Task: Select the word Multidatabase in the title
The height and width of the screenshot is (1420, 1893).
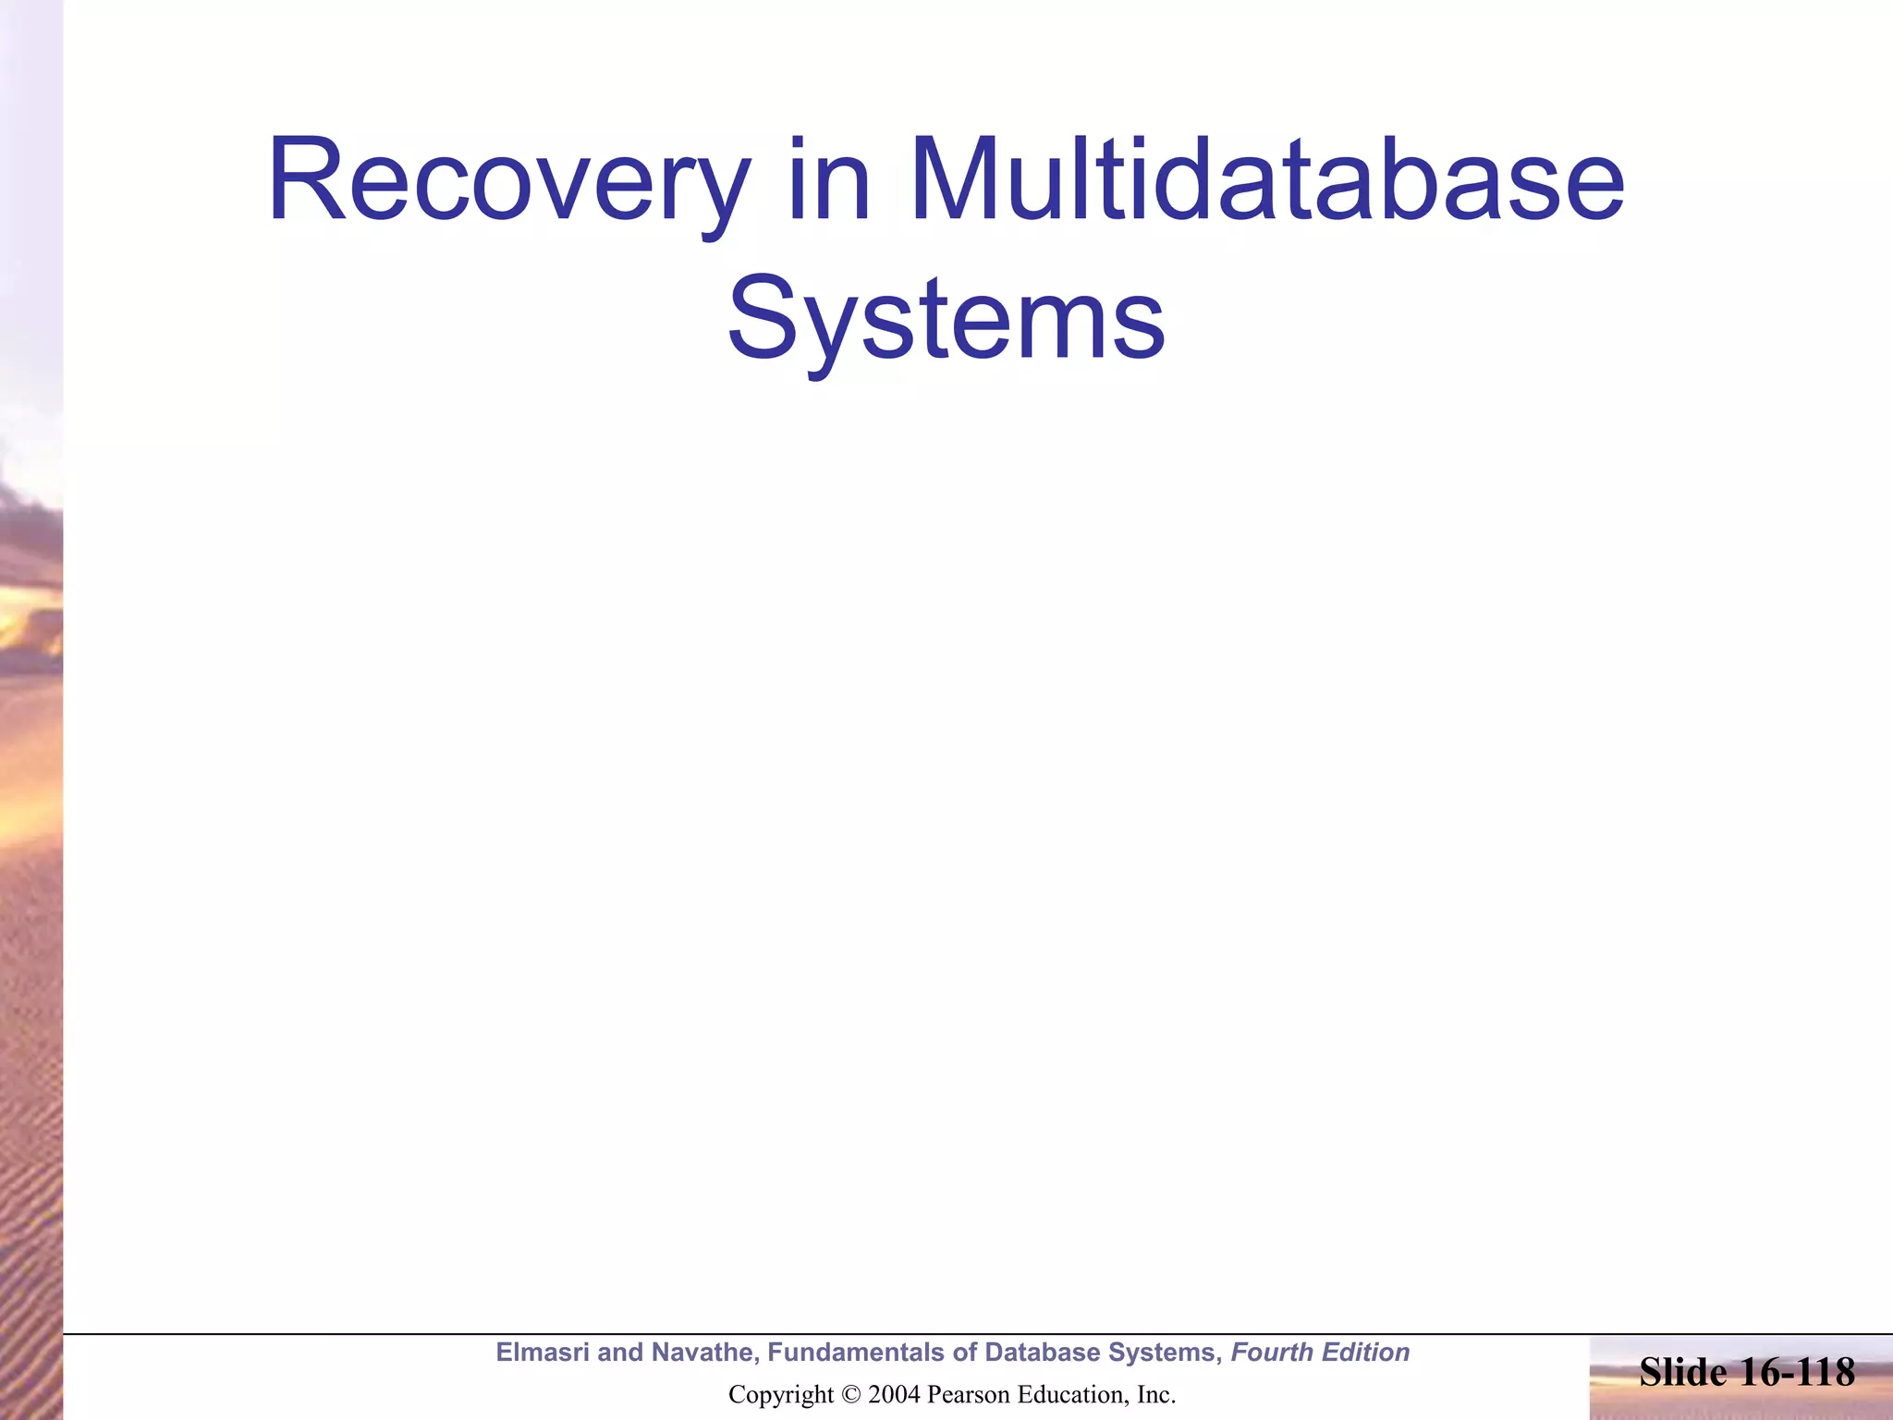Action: pyautogui.click(x=1266, y=181)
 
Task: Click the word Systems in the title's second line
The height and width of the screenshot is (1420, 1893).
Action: pyautogui.click(x=946, y=319)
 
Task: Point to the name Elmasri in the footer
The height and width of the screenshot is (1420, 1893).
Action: pyautogui.click(x=542, y=1353)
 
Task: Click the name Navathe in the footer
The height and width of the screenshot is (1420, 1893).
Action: pyautogui.click(x=706, y=1353)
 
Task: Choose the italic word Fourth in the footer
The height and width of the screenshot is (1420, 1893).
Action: pyautogui.click(x=1272, y=1353)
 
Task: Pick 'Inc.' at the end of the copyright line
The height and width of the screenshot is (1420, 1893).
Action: pyautogui.click(x=1155, y=1395)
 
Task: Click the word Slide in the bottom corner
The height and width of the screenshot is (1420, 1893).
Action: pyautogui.click(x=1683, y=1373)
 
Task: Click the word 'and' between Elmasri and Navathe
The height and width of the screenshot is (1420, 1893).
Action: pyautogui.click(x=618, y=1353)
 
